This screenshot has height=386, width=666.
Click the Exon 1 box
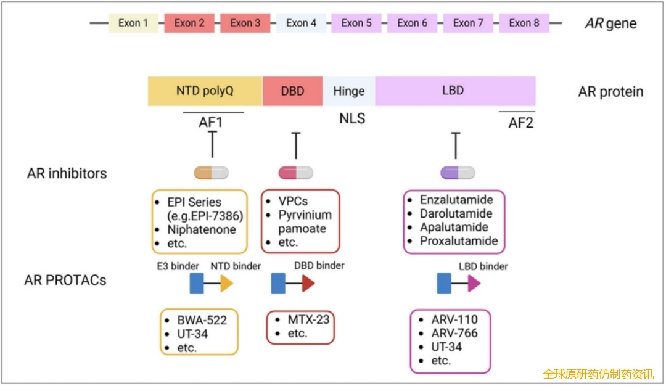[133, 23]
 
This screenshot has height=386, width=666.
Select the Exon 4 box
[301, 23]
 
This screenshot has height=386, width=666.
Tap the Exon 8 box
[524, 23]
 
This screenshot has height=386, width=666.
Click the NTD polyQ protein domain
[205, 91]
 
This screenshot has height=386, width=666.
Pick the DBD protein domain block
[292, 91]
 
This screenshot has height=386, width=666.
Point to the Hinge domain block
[349, 91]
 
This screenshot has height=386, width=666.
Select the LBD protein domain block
[455, 91]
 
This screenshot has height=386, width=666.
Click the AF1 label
[211, 122]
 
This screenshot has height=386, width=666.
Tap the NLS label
[352, 118]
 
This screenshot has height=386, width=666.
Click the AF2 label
[520, 122]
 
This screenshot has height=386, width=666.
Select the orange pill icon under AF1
[212, 173]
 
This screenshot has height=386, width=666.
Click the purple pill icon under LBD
[458, 173]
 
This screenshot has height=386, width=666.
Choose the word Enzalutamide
[456, 200]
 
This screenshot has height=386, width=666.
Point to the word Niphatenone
[202, 229]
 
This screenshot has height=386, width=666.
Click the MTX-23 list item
[308, 319]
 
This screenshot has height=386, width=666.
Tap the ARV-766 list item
[454, 334]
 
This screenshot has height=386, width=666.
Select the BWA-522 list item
[202, 320]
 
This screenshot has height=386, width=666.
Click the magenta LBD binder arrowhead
[474, 283]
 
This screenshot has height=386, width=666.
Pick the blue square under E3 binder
[197, 283]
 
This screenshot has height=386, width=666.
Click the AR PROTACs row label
[65, 280]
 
